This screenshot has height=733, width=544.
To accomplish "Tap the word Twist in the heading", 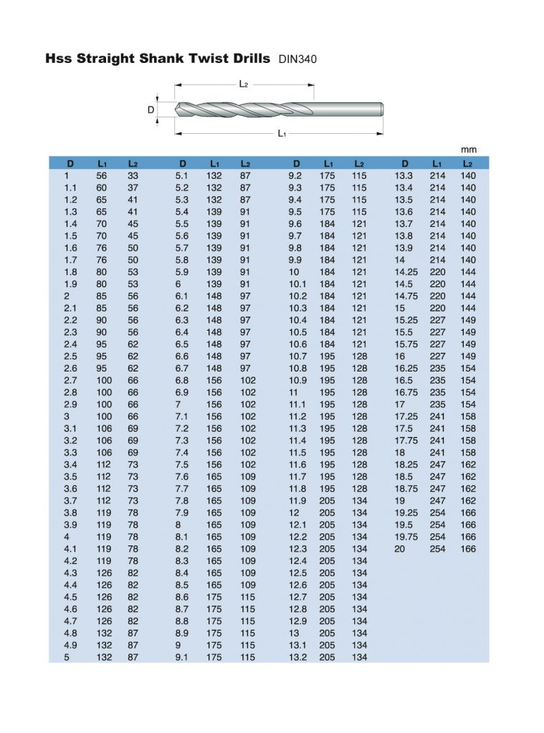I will click(x=196, y=58).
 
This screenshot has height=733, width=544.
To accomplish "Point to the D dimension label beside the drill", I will click(x=151, y=110).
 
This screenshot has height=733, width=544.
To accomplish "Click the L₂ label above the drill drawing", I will click(x=244, y=84).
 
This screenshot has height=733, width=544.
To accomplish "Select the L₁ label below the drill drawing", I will click(x=282, y=134).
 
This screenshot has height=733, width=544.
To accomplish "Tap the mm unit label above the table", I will click(x=468, y=150).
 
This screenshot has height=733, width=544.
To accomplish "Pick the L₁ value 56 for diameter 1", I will click(x=102, y=175).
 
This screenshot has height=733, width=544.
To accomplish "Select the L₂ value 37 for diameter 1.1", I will click(x=133, y=188).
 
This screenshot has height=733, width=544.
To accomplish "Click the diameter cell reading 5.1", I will click(x=182, y=175).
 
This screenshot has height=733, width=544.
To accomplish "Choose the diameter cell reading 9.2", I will click(x=295, y=175).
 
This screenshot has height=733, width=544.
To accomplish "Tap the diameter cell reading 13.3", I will click(x=404, y=175).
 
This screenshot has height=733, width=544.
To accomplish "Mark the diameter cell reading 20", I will click(x=400, y=548).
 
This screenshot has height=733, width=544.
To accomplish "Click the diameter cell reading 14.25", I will click(x=406, y=272).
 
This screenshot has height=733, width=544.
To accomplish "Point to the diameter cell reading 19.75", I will click(x=406, y=537).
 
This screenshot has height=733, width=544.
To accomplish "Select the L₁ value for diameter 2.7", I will click(x=104, y=380).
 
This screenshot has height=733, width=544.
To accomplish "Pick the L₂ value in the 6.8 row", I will click(x=247, y=380).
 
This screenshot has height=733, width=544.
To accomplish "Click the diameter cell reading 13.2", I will click(x=297, y=657).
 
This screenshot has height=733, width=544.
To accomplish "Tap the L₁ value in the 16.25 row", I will click(x=437, y=368).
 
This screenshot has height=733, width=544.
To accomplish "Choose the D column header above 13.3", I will click(x=405, y=163).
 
